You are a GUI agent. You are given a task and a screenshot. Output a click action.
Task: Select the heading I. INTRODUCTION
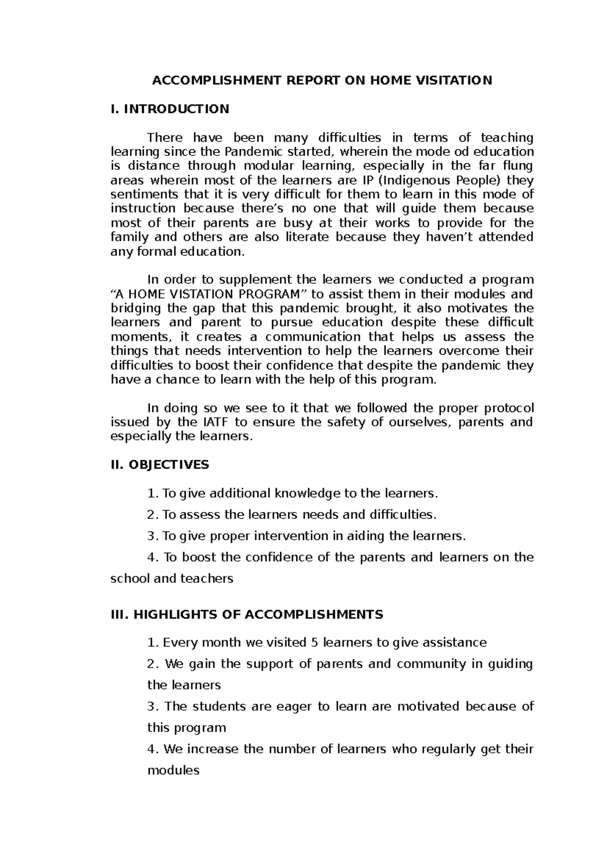169,109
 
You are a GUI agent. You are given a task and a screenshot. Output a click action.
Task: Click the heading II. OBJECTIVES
159,465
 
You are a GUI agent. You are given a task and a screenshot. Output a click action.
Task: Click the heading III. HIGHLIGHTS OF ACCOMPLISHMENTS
246,615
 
